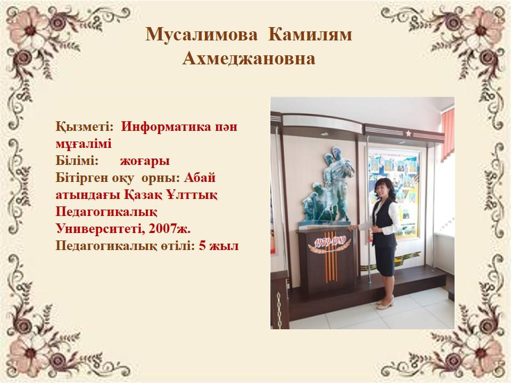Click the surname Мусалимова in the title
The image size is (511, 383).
coord(201,35)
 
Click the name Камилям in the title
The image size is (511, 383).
coord(310,35)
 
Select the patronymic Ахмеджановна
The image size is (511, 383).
coord(249,59)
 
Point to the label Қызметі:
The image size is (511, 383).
coord(85,127)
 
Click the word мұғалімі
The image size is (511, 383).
coord(84,144)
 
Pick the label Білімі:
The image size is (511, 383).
coord(77,161)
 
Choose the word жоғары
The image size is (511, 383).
coord(145,161)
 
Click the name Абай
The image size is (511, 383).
coord(200,178)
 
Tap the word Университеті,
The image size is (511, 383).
coord(100,229)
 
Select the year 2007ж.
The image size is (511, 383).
coord(169,229)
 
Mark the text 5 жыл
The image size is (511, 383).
coord(219,246)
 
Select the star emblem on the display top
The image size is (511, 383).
coord(408,133)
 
